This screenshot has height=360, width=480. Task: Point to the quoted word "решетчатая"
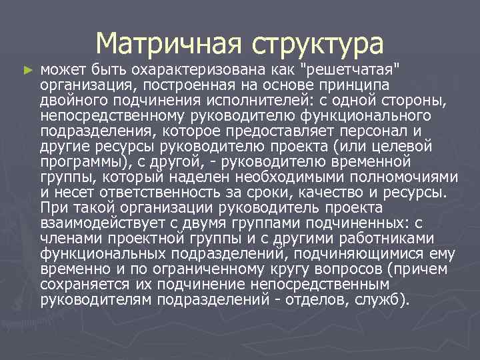352,69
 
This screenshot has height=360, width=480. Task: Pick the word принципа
359,84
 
